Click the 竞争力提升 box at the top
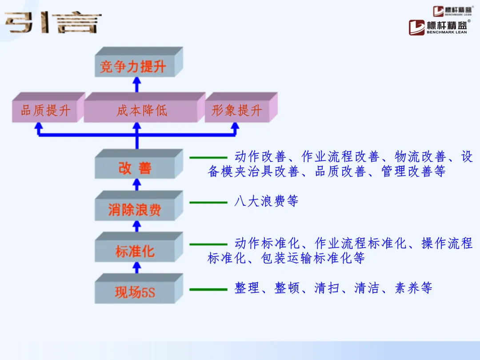point(133,67)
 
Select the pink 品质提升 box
point(45,111)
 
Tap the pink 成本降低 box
point(141,111)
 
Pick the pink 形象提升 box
point(236,111)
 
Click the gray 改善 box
point(135,168)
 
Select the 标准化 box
point(135,251)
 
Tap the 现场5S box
point(135,292)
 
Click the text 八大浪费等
point(266,201)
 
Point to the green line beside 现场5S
point(208,289)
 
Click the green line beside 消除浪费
point(208,203)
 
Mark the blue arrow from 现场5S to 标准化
point(137,267)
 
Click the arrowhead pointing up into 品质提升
point(39,127)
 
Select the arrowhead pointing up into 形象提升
point(235,127)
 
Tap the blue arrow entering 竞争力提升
point(137,84)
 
